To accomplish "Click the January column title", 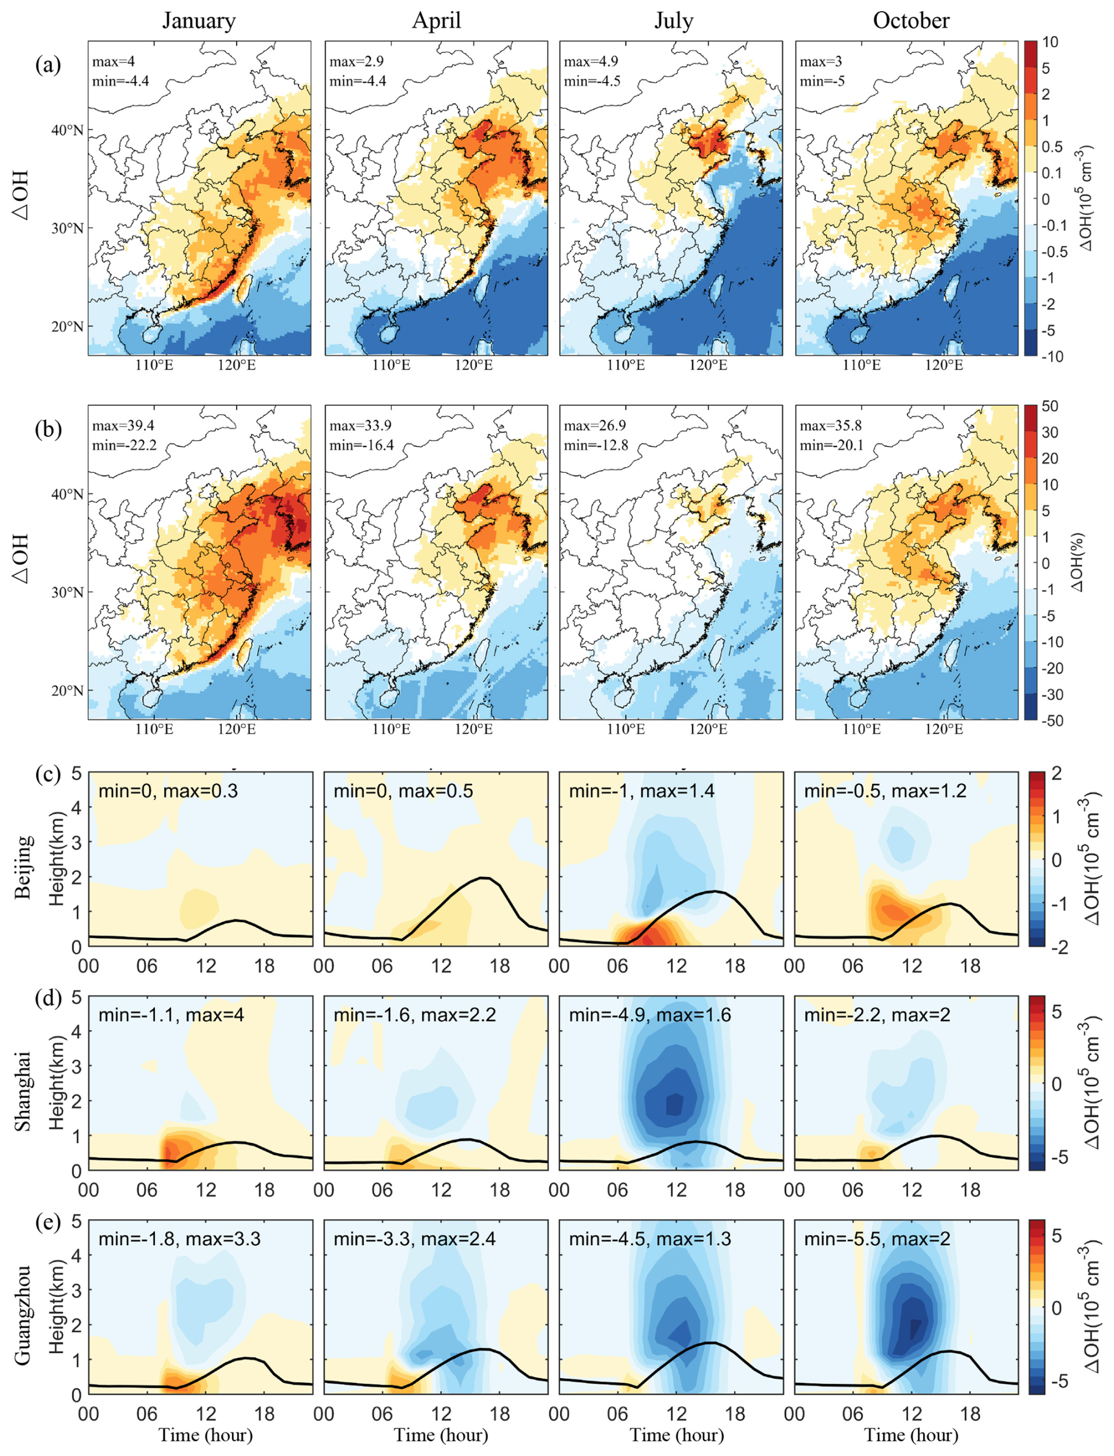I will click(x=199, y=21).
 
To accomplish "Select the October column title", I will click(x=910, y=21).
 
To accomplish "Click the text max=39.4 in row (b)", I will click(x=123, y=425).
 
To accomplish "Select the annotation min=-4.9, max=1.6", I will click(x=650, y=1015).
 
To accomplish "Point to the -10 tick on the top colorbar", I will click(x=1052, y=357).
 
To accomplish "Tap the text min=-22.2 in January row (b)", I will click(x=125, y=445).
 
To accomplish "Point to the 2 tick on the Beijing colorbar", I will click(x=1052, y=773).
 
